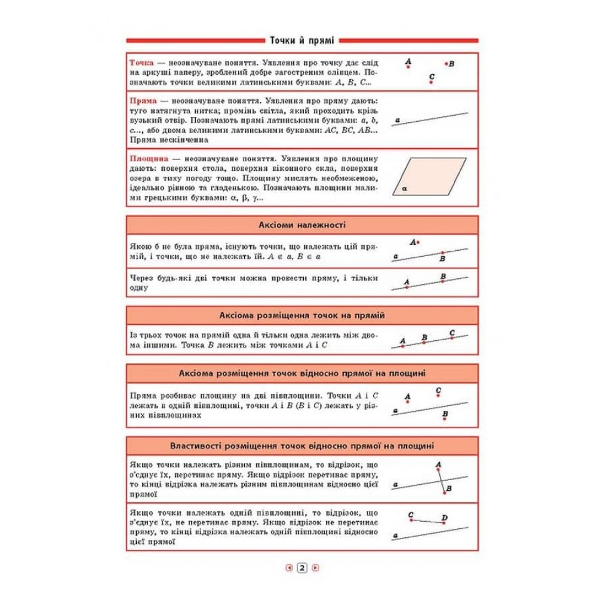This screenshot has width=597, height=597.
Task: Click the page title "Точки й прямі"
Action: click(x=302, y=40)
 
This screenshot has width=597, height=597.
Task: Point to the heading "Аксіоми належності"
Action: click(x=302, y=225)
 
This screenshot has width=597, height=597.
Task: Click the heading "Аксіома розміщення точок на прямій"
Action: click(x=302, y=315)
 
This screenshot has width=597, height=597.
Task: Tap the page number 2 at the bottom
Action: click(x=302, y=568)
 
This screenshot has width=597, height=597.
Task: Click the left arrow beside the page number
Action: click(x=289, y=568)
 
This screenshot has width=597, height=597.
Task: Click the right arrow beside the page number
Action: click(x=315, y=568)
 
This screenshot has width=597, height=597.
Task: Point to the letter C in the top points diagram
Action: click(x=432, y=76)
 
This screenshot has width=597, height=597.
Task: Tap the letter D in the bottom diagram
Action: click(x=444, y=517)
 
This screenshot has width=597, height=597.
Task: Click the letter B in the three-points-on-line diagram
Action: click(x=424, y=337)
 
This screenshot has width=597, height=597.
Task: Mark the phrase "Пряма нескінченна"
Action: click(x=168, y=140)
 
